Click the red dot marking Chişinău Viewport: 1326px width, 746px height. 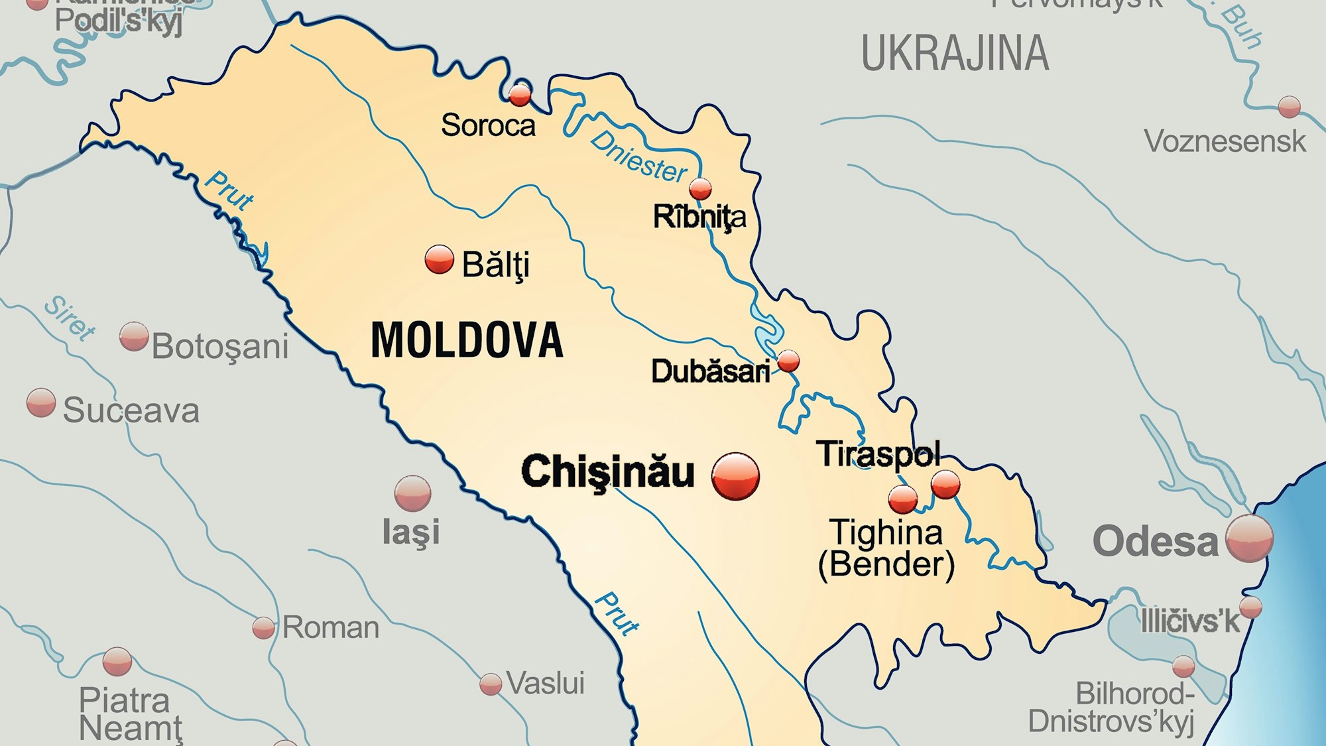735,475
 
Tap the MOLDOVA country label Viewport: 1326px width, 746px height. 467,340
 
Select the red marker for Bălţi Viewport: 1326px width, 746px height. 439,259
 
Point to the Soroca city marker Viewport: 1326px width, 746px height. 520,95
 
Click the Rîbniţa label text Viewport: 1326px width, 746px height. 699,217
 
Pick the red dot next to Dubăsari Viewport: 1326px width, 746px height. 788,361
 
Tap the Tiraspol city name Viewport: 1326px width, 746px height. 878,454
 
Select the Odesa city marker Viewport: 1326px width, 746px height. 1249,538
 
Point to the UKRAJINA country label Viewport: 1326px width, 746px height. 955,54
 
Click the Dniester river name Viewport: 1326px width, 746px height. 638,157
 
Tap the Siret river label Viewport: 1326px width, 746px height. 70,318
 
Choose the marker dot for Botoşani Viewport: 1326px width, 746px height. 134,337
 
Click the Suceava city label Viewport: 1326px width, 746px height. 131,410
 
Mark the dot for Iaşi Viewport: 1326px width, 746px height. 412,493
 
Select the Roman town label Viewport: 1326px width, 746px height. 331,627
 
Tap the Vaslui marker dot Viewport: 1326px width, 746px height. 491,684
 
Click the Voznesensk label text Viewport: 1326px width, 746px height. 1225,141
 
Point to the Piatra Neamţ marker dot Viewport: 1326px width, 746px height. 117,661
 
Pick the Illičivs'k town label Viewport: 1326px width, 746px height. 1189,621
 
